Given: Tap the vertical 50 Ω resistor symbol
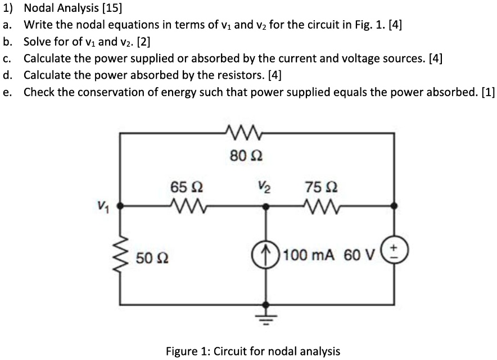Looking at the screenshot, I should pyautogui.click(x=121, y=255).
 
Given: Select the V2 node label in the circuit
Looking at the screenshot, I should pyautogui.click(x=263, y=187).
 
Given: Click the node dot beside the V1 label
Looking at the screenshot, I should pyautogui.click(x=121, y=206).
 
